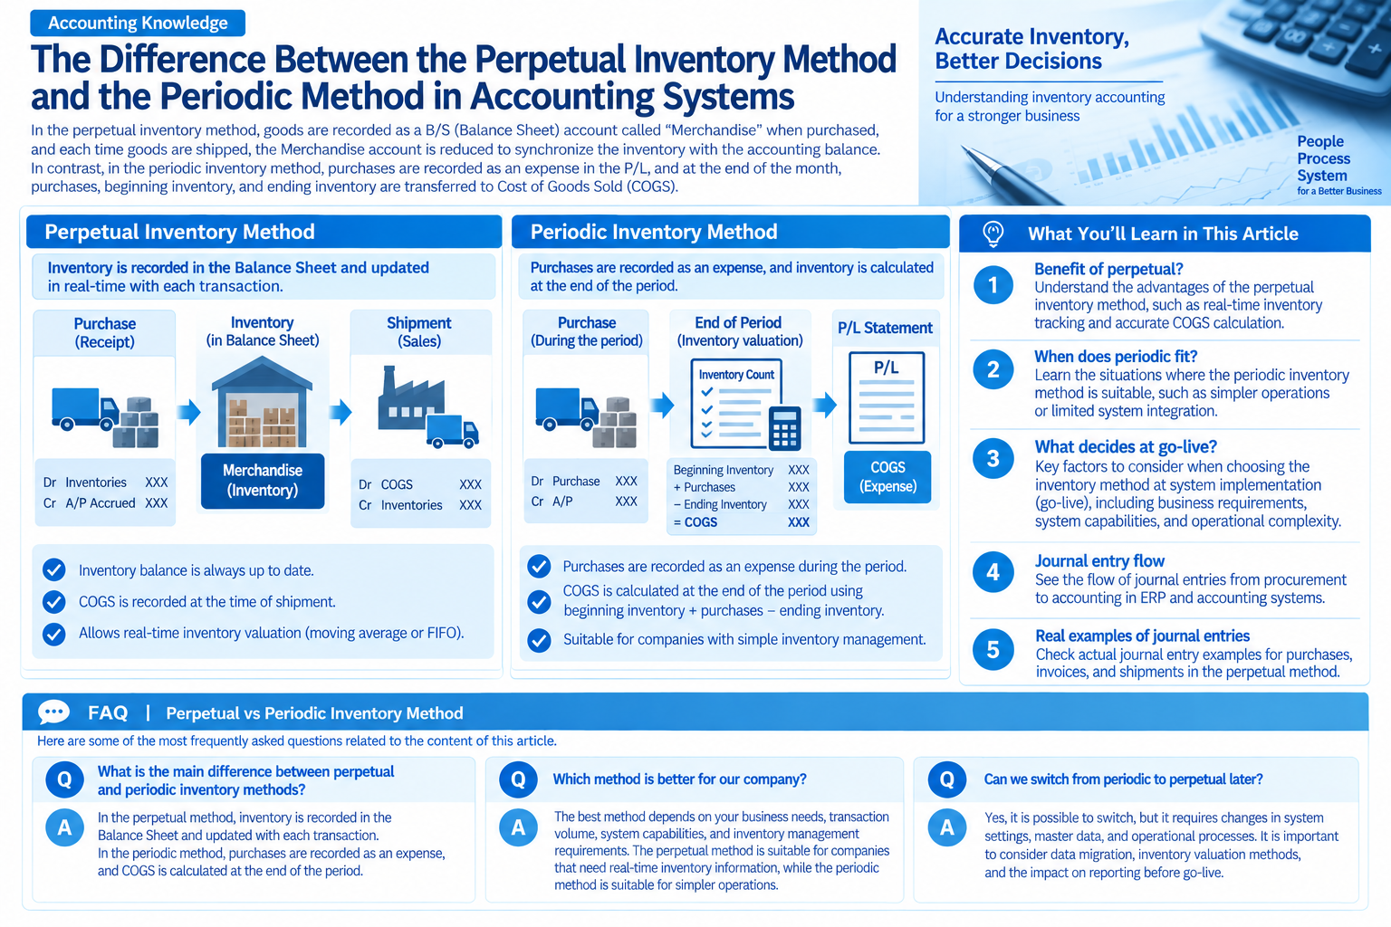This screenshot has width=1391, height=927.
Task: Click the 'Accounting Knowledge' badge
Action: tap(138, 23)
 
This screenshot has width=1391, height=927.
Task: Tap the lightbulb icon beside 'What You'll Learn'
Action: tap(993, 234)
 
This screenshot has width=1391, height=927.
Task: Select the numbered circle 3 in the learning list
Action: tap(993, 458)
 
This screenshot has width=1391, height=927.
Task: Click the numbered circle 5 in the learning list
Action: tap(993, 649)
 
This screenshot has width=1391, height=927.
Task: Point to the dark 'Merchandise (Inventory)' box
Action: tap(263, 481)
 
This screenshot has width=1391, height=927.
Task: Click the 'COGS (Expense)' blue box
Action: tap(887, 477)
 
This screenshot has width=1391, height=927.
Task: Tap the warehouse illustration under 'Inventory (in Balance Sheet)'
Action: tap(262, 402)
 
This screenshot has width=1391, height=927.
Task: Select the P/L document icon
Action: tap(887, 397)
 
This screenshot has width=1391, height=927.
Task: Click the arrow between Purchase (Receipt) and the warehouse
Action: tap(188, 411)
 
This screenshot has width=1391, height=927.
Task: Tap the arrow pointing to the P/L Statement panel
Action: tap(825, 405)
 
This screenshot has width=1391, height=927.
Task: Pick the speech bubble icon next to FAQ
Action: tap(53, 712)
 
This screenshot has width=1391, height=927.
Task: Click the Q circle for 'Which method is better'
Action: tap(518, 779)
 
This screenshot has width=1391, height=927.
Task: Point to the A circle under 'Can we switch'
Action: tap(947, 827)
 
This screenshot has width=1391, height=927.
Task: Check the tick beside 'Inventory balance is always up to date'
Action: tap(54, 570)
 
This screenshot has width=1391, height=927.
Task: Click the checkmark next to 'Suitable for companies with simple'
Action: tap(539, 640)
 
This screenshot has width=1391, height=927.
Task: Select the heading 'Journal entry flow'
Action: tap(1099, 561)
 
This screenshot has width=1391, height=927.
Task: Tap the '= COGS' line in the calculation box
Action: tap(742, 522)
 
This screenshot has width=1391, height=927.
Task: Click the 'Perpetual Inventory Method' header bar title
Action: tap(179, 232)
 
